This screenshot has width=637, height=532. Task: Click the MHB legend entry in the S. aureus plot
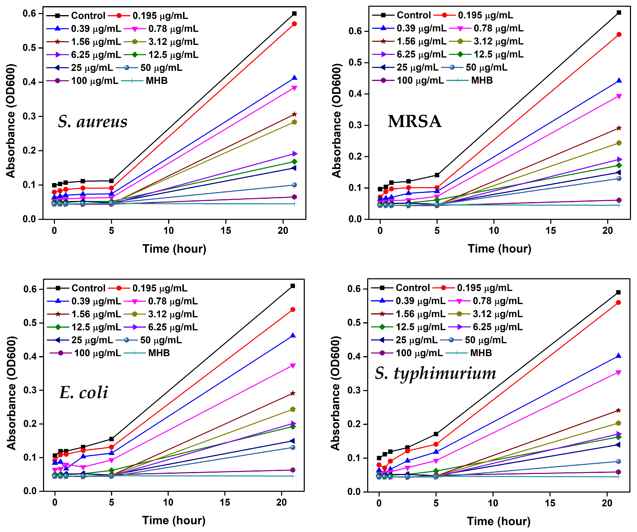(156, 81)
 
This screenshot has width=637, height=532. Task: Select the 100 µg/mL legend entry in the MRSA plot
(420, 80)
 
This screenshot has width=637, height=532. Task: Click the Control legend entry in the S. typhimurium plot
(413, 288)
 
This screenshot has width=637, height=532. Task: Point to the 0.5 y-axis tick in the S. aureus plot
(29, 48)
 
